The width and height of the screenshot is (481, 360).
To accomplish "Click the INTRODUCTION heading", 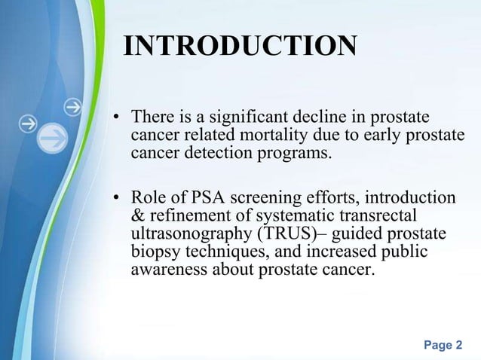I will point(239,46).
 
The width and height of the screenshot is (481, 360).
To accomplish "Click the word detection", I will point(212,154).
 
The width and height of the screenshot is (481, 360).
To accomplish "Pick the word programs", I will point(293,154).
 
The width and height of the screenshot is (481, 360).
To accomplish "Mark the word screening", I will point(261,198).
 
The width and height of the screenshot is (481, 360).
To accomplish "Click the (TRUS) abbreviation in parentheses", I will point(286,234).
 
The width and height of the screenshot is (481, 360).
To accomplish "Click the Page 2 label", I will point(443,345).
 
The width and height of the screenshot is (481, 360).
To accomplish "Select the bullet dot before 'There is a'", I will point(117,119).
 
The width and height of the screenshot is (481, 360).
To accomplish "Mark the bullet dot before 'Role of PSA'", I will point(117,199).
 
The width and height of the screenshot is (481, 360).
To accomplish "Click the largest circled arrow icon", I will point(54,137).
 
